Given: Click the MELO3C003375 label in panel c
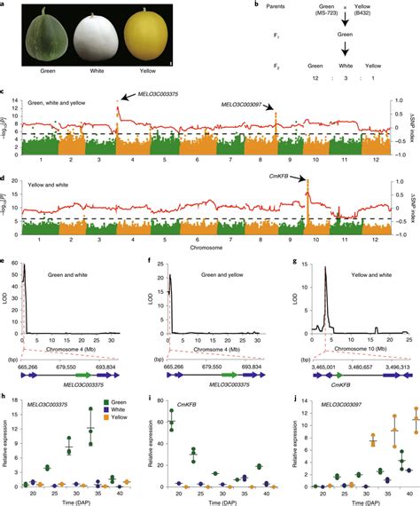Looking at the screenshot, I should (161, 95).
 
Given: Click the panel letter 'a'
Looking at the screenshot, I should (4, 5).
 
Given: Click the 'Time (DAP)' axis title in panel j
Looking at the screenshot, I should (359, 500).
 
